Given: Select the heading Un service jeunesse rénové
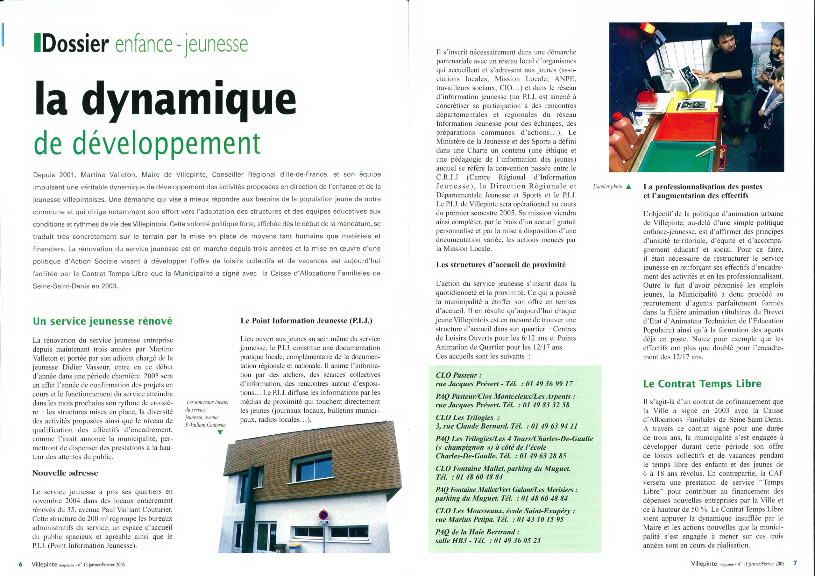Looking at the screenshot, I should click(103, 321).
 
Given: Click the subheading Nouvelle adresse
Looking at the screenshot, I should click(65, 473).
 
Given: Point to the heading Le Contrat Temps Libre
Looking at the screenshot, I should click(703, 384).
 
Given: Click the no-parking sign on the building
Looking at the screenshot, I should click(323, 515).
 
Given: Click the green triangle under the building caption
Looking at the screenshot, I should click(220, 432).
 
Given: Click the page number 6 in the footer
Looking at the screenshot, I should click(21, 564).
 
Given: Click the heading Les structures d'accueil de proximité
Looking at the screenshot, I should click(501, 265).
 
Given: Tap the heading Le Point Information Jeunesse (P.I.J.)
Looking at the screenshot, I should click(306, 321).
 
